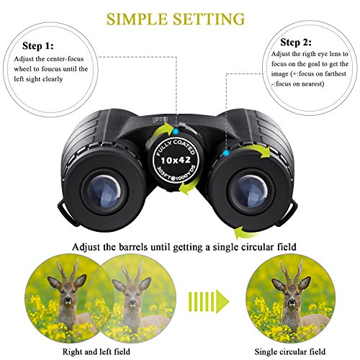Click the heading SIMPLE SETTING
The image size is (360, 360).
click(x=179, y=17)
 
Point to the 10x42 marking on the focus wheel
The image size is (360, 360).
click(x=174, y=157)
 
